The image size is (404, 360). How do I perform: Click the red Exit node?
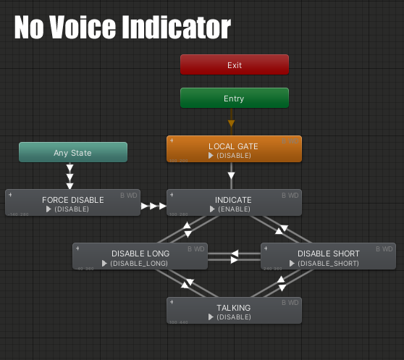point(234,64)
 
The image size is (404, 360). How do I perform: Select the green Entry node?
point(234,98)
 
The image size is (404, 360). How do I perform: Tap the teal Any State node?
point(72,152)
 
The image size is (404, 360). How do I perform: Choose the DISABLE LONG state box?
point(140,256)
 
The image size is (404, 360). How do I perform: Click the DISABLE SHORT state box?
point(328,256)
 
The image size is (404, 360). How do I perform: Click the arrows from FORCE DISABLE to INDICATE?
point(153,206)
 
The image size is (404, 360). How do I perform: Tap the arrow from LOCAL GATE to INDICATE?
point(232,175)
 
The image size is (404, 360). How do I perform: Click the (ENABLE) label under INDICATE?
point(235,209)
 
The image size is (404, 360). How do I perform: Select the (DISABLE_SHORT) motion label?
point(329,264)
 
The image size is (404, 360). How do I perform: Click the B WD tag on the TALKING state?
point(290,303)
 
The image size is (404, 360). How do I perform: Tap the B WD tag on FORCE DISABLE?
point(128,195)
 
